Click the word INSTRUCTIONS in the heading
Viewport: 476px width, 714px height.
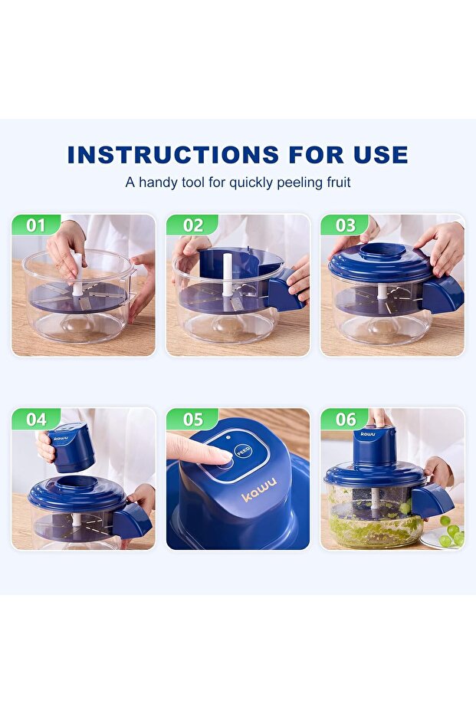click(x=173, y=155)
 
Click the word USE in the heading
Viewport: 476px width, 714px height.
click(x=380, y=155)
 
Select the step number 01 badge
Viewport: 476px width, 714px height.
click(x=36, y=225)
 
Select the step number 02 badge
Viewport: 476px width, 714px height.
click(x=192, y=225)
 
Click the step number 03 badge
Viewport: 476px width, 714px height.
click(x=346, y=225)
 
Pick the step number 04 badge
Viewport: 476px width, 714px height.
click(x=36, y=419)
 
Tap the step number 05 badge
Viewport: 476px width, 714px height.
click(x=192, y=419)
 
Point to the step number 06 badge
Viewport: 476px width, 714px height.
click(x=346, y=419)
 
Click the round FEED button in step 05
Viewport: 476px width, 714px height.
click(x=242, y=451)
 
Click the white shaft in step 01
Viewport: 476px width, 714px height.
click(x=78, y=274)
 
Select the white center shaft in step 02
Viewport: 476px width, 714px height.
click(x=227, y=275)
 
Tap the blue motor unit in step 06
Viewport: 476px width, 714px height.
click(x=375, y=448)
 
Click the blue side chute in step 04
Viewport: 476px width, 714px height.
click(x=132, y=520)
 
